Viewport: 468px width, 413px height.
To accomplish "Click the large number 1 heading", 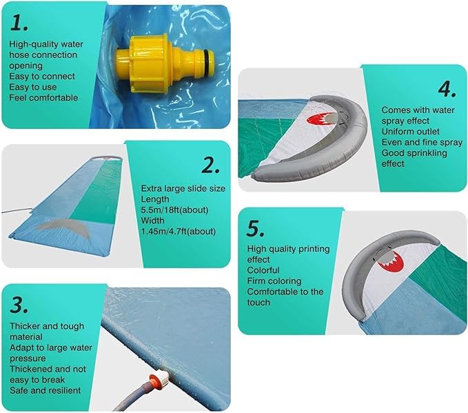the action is point(19,23).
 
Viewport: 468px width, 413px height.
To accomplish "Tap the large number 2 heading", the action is point(210,165).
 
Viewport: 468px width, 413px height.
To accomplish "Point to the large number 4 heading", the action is point(447,89).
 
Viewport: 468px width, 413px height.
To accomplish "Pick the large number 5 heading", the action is point(255,229).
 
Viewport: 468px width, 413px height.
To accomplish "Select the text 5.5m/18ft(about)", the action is point(174,210).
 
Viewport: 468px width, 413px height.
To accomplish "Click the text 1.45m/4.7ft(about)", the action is point(179,232).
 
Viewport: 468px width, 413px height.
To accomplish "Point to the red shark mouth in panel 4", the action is point(319,119).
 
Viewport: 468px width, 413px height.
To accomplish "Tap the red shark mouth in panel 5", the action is point(391,261).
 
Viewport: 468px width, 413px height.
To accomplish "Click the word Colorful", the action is point(263,270).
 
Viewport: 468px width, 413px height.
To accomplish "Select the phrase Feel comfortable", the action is point(43,98).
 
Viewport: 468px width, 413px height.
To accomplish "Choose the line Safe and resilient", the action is point(45,391).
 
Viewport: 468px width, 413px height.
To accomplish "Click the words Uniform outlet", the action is point(410,132).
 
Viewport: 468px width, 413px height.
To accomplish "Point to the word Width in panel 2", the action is point(152,221).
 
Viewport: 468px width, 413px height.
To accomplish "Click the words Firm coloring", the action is point(274,281).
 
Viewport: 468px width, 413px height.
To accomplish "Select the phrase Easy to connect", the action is point(42,77).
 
